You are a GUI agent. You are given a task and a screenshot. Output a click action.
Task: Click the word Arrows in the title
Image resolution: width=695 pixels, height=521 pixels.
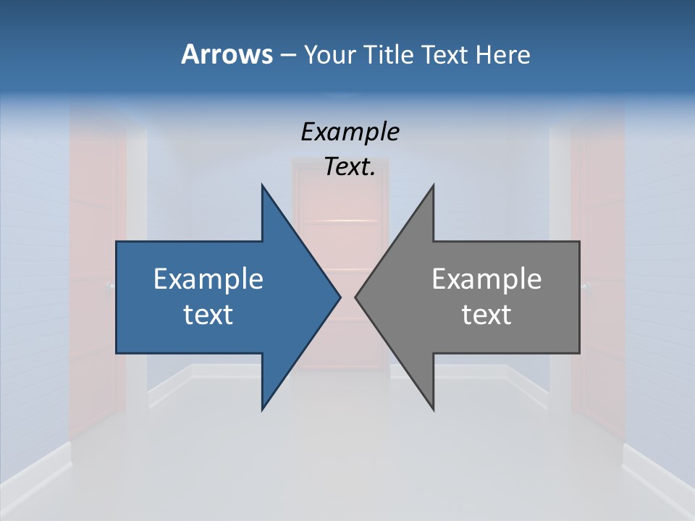226,54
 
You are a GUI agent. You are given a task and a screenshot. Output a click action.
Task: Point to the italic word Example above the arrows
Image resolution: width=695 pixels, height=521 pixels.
350,132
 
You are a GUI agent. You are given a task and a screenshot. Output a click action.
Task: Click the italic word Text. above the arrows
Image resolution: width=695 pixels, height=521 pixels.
350,167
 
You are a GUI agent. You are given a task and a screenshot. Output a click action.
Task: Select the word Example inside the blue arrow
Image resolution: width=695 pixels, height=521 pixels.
208,279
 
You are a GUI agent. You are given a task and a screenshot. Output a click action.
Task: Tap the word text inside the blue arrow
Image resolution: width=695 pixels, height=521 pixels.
208,315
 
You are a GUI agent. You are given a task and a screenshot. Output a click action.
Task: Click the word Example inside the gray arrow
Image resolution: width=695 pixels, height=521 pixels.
486,279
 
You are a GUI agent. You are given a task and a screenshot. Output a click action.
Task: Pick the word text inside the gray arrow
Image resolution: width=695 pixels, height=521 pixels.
486,315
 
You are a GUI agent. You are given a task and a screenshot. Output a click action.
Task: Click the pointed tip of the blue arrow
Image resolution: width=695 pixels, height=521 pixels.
340,297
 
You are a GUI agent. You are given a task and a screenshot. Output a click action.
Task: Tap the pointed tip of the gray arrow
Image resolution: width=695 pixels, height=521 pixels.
355,297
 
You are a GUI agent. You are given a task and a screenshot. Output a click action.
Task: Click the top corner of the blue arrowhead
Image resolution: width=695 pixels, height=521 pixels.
262,185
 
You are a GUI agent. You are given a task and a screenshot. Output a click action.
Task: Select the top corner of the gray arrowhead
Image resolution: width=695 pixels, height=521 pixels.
433,185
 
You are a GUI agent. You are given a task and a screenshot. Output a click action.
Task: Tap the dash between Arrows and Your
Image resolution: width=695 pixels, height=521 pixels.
287,55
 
